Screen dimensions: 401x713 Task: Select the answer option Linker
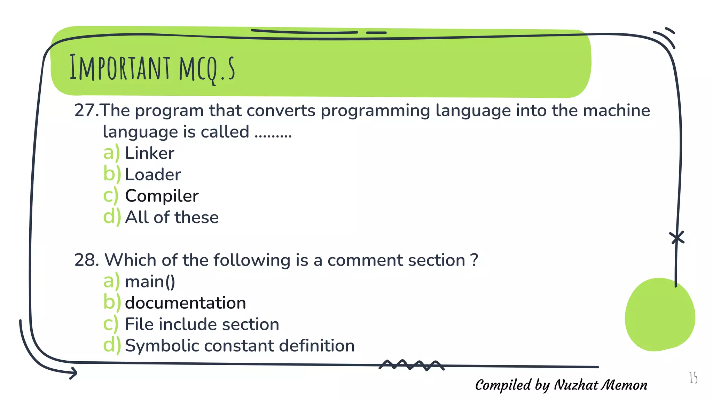pyautogui.click(x=149, y=154)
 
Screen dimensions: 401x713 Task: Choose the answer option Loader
pyautogui.click(x=153, y=175)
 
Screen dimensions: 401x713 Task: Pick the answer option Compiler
pyautogui.click(x=162, y=196)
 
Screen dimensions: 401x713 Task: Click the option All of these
pyautogui.click(x=172, y=218)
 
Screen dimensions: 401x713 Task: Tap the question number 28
pyautogui.click(x=86, y=260)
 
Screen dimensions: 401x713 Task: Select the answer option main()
pyautogui.click(x=150, y=282)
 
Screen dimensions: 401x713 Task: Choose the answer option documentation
pyautogui.click(x=185, y=303)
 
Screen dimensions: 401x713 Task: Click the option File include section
pyautogui.click(x=202, y=324)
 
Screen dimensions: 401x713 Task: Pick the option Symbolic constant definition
pyautogui.click(x=240, y=346)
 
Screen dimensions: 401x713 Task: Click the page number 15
pyautogui.click(x=693, y=378)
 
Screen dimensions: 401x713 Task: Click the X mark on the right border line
pyautogui.click(x=677, y=238)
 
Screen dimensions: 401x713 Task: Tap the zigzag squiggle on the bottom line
pyautogui.click(x=411, y=365)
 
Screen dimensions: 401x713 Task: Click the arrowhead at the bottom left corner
pyautogui.click(x=73, y=373)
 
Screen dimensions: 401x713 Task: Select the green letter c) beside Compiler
pyautogui.click(x=111, y=196)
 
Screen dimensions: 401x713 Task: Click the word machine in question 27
pyautogui.click(x=616, y=111)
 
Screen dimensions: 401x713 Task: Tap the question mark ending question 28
pyautogui.click(x=474, y=260)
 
